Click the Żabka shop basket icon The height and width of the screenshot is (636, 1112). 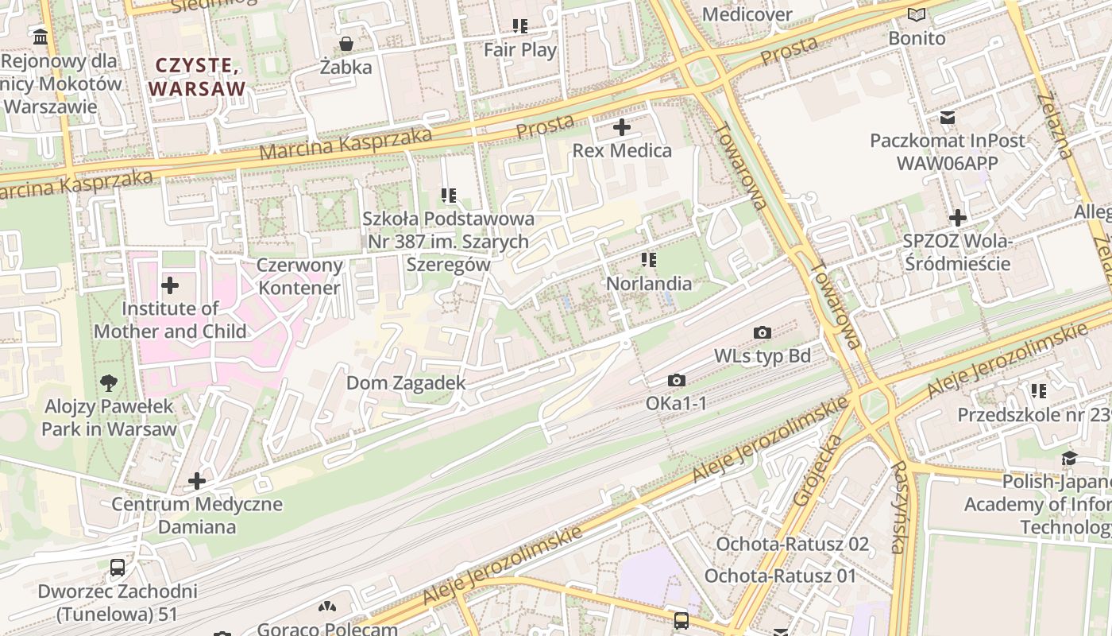(346, 44)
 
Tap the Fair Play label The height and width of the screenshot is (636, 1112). (520, 50)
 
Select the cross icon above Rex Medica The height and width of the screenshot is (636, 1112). (622, 127)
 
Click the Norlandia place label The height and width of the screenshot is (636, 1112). (649, 284)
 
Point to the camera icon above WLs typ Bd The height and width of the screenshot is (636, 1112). (763, 332)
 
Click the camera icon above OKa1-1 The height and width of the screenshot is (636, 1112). (677, 381)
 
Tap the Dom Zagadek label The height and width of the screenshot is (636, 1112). (406, 383)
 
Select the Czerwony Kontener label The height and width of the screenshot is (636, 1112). (300, 277)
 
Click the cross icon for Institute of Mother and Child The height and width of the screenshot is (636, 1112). (170, 285)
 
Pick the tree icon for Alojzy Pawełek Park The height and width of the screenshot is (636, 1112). (109, 384)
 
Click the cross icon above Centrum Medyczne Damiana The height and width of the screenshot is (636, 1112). (197, 481)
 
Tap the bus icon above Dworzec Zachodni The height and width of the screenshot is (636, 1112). (118, 568)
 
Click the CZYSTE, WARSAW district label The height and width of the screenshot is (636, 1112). (196, 77)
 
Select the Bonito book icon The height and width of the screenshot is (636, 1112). (917, 15)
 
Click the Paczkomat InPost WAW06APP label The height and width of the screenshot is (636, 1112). (947, 152)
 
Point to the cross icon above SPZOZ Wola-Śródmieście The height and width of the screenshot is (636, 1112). (958, 218)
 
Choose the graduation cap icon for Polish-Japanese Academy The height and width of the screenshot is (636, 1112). (1069, 459)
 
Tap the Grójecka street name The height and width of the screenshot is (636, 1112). (817, 471)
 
